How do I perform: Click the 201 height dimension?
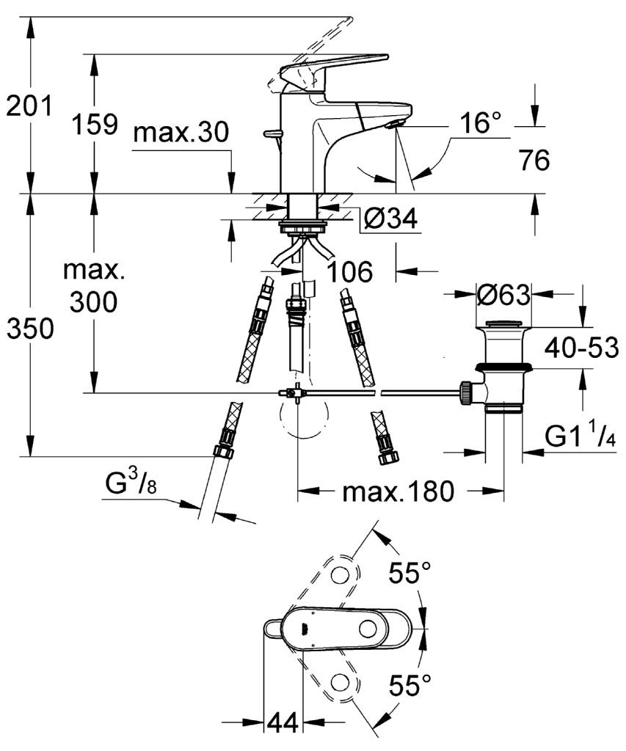(29, 106)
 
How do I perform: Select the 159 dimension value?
(95, 124)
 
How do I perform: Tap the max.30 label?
(181, 132)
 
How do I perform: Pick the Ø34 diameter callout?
(390, 219)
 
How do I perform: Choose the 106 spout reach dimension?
(349, 272)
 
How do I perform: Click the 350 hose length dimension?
(29, 329)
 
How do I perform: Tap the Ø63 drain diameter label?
(503, 294)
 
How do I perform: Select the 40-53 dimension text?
(581, 347)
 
